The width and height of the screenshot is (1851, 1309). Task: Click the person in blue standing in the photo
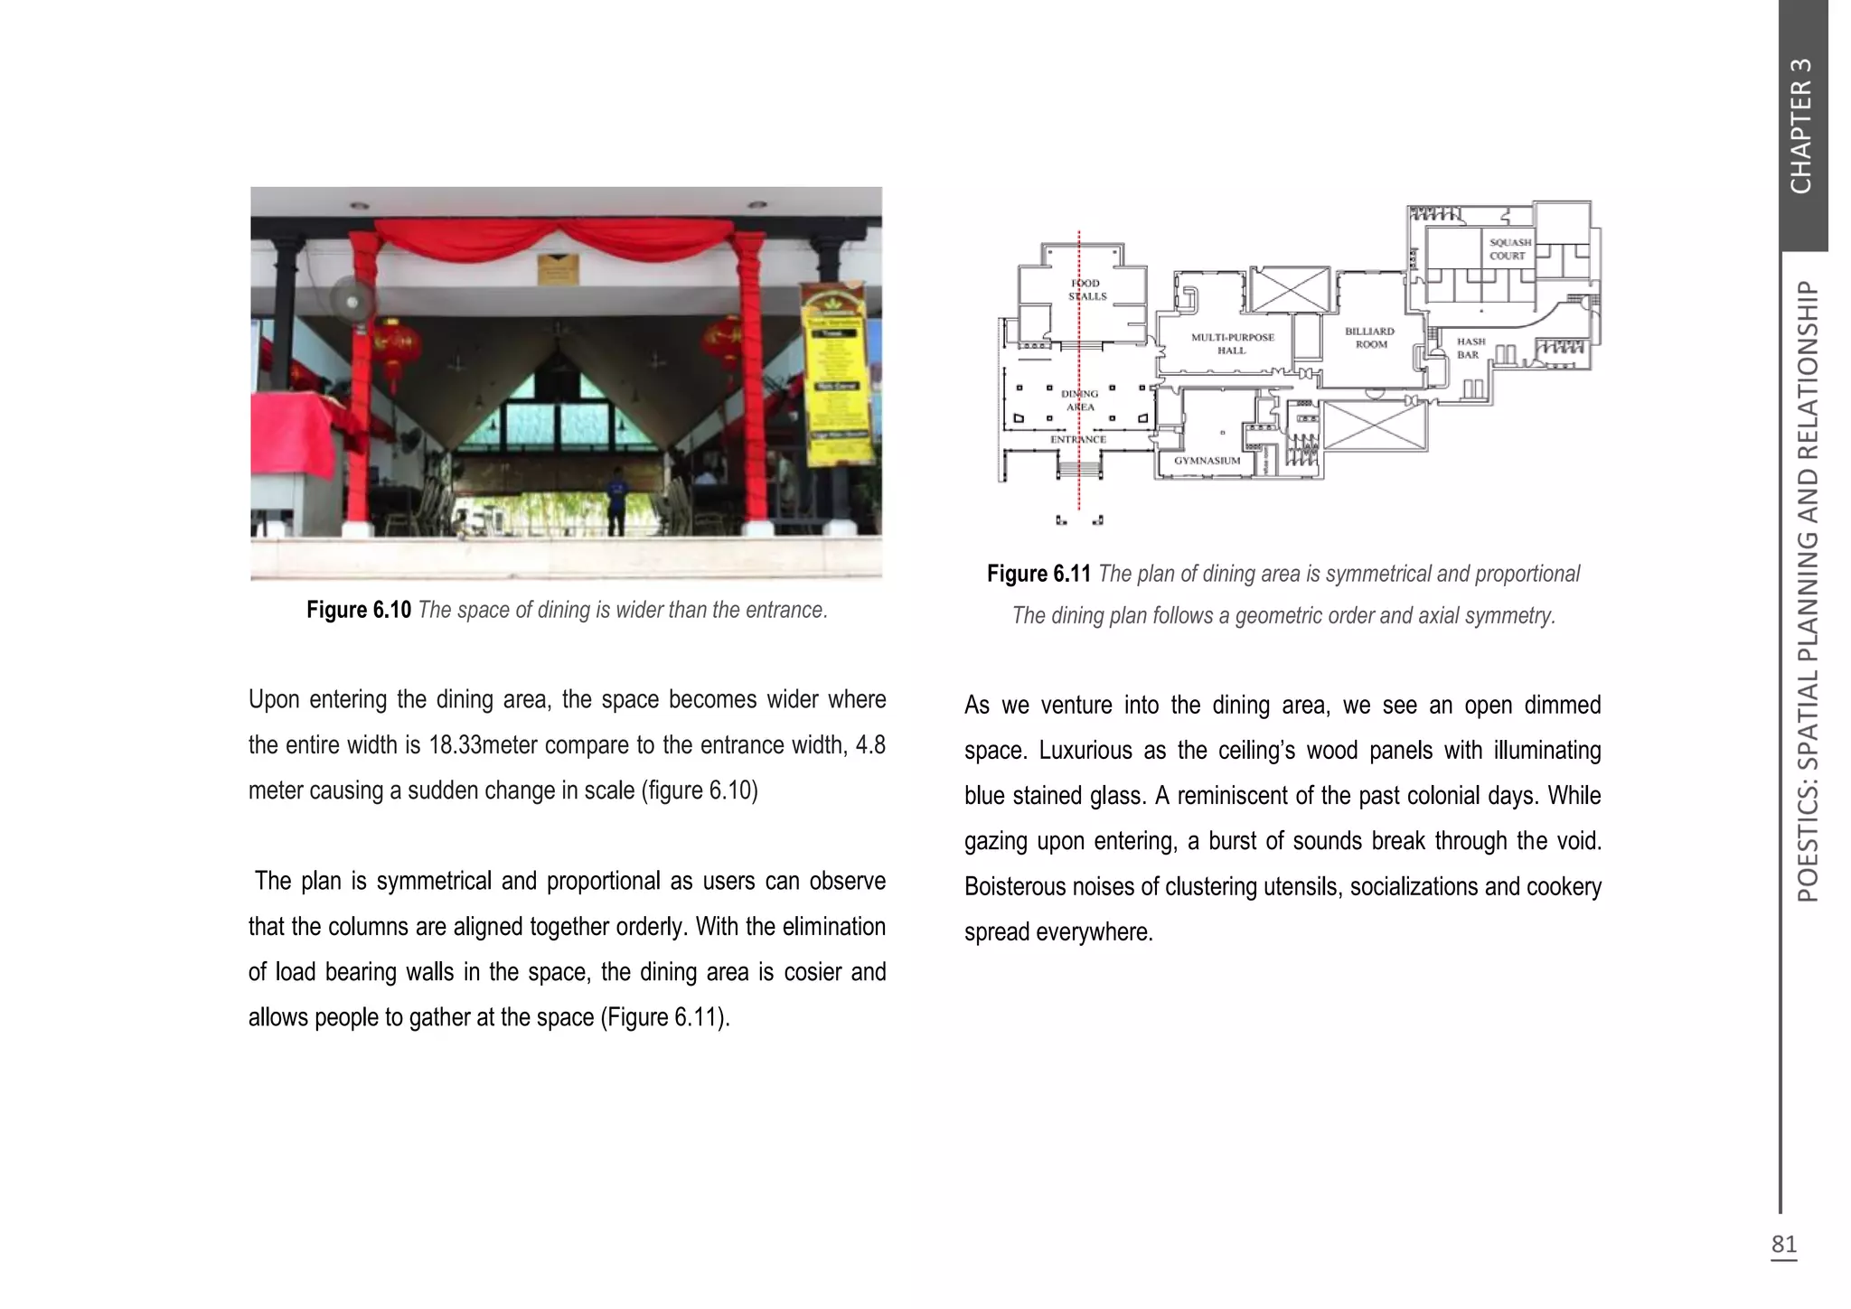(616, 500)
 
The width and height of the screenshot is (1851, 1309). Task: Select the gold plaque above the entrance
(558, 268)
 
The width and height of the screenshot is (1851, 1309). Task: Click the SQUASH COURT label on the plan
(1509, 248)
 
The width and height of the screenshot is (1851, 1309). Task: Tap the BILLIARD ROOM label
(1370, 337)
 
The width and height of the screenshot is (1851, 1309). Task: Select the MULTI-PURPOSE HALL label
(1232, 343)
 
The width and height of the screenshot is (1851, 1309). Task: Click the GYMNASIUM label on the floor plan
(1207, 461)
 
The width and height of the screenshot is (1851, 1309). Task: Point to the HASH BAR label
(1470, 348)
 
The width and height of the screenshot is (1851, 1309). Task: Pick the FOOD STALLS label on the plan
(1087, 289)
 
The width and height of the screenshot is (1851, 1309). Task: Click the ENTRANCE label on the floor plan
(1078, 439)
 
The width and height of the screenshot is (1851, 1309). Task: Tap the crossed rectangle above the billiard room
(1290, 290)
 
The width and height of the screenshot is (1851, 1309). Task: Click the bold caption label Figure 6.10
(359, 610)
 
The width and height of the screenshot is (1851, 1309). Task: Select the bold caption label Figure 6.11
(1038, 574)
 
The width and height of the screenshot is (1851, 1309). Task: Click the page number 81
(1783, 1244)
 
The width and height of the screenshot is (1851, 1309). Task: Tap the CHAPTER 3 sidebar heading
(1801, 126)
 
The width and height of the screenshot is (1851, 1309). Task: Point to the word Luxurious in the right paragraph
(1085, 751)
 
